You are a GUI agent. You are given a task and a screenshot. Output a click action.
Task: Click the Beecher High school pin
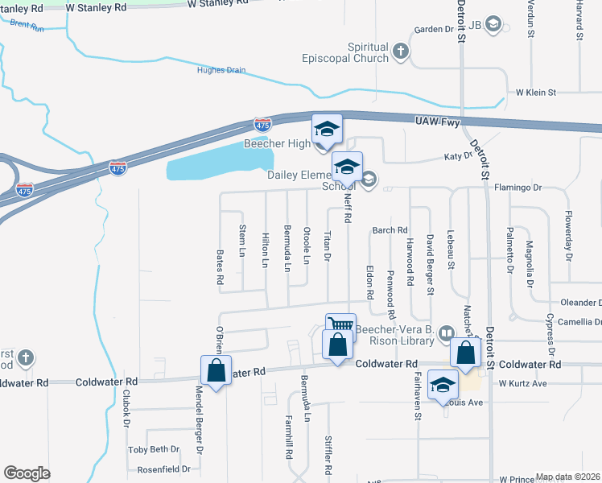327,130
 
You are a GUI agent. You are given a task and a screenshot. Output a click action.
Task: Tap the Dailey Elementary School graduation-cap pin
347,167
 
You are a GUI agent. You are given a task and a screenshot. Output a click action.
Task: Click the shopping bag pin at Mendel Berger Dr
216,370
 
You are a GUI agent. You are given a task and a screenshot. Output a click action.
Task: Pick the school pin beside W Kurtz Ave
443,386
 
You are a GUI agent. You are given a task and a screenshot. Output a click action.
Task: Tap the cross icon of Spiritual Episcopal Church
401,53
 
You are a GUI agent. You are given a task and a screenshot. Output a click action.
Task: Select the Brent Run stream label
27,25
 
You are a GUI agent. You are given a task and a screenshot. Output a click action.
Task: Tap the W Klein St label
536,93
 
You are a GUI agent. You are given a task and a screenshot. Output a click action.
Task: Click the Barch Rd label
390,230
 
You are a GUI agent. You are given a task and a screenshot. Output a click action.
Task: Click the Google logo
27,473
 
